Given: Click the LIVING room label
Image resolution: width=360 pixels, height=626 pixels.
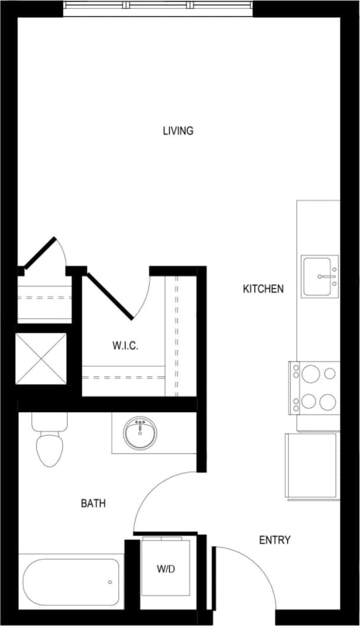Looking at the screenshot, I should tap(178, 131).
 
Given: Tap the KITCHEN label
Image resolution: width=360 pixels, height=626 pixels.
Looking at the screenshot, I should tap(263, 289).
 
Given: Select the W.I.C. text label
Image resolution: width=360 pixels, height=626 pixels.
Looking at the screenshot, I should tap(125, 346).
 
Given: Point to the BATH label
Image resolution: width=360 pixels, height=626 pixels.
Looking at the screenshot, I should tap(93, 503).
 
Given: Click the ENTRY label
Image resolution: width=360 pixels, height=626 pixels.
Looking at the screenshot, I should tap(275, 540).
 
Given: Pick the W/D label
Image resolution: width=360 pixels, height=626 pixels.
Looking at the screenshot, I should tap(166, 569).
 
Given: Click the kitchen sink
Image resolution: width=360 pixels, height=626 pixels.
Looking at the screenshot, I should tap(319, 276).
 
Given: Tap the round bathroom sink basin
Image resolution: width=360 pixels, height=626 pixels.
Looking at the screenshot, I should tap(140, 433).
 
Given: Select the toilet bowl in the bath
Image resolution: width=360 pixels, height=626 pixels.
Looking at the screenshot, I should tap(49, 450).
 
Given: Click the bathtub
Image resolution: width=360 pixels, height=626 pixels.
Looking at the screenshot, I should tap(71, 582).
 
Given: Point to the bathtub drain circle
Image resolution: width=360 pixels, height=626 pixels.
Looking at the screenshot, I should tap(110, 582).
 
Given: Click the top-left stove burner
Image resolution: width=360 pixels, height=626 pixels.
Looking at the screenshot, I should tap(308, 374).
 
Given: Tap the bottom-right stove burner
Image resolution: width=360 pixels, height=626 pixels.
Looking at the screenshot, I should tap(327, 402).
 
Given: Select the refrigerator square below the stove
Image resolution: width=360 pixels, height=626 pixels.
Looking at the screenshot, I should tap(312, 466).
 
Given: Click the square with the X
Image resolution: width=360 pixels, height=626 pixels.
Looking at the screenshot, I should tap(41, 359).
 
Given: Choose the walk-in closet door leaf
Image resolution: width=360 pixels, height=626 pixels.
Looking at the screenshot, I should tap(111, 295).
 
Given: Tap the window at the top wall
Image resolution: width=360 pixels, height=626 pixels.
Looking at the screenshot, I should tap(158, 6).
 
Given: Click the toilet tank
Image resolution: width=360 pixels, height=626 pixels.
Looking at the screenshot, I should tap(49, 421).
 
